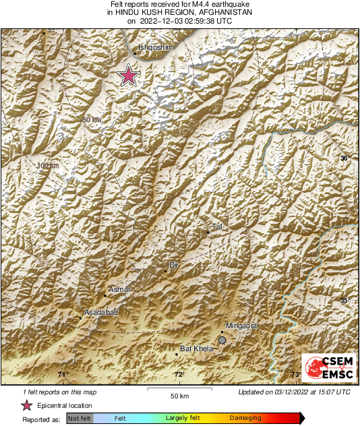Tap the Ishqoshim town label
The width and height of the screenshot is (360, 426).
click(155, 48)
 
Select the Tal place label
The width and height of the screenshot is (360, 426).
click(217, 226)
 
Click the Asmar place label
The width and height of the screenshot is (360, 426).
click(119, 290)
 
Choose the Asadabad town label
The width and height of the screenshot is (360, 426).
click(100, 313)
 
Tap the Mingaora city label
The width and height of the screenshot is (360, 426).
click(241, 326)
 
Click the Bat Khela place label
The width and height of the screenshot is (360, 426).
click(196, 348)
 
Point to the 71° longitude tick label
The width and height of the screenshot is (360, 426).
click(63, 375)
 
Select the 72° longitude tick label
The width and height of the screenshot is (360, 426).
click(179, 375)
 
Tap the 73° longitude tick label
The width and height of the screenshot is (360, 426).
click(295, 375)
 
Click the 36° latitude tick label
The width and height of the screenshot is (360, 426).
click(344, 158)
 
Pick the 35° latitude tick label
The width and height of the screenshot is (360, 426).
click(344, 301)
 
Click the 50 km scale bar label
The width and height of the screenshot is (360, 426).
click(178, 395)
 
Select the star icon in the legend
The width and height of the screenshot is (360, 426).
click(27, 406)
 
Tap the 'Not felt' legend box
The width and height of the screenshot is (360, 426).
click(79, 419)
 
